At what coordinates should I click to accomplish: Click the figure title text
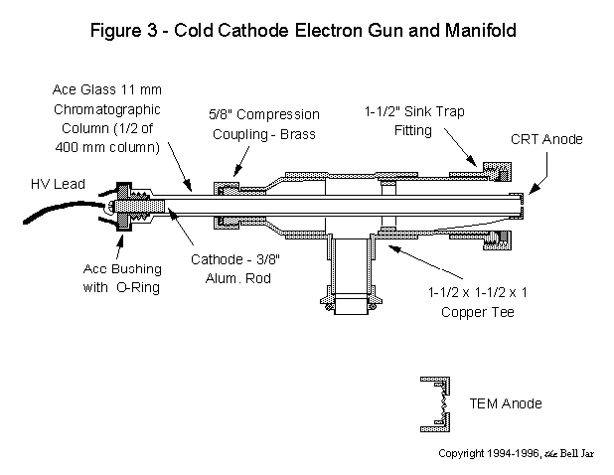307,29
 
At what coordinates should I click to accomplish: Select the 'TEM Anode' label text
505,403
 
